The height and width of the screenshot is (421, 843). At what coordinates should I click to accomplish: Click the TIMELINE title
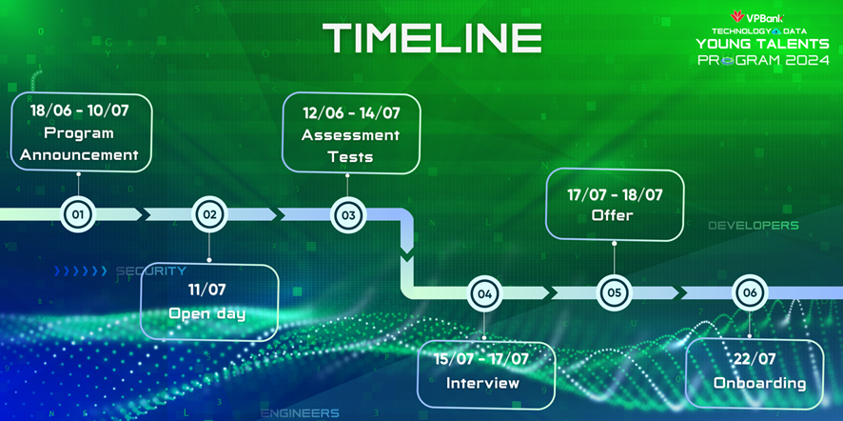(x=432, y=38)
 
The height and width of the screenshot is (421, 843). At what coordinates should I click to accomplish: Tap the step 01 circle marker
(x=78, y=215)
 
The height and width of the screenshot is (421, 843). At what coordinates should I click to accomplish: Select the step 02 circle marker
(x=209, y=214)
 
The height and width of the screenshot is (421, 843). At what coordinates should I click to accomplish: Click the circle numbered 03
(x=348, y=215)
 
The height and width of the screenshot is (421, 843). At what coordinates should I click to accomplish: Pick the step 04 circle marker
(x=484, y=293)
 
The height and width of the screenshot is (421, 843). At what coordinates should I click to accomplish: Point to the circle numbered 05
(x=614, y=292)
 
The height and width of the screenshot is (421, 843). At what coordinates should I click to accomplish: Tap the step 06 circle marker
(x=750, y=292)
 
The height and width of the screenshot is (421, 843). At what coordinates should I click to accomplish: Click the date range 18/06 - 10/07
(x=80, y=111)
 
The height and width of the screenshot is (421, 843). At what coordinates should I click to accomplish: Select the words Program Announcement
(x=80, y=144)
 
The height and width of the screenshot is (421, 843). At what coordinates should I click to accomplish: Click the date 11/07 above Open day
(x=207, y=291)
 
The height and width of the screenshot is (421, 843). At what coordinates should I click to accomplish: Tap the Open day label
(x=207, y=313)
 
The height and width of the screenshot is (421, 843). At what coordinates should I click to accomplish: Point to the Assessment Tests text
(x=350, y=146)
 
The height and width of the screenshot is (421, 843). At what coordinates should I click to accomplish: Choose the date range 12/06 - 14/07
(x=351, y=113)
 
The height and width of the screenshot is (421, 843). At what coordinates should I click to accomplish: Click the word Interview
(x=482, y=383)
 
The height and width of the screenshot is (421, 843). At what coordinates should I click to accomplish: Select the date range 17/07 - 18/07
(x=615, y=194)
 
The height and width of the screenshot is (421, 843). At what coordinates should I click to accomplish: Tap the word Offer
(x=613, y=215)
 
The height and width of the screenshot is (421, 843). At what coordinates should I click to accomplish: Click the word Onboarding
(x=759, y=383)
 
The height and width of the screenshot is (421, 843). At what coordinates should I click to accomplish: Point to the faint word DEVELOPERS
(x=754, y=226)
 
